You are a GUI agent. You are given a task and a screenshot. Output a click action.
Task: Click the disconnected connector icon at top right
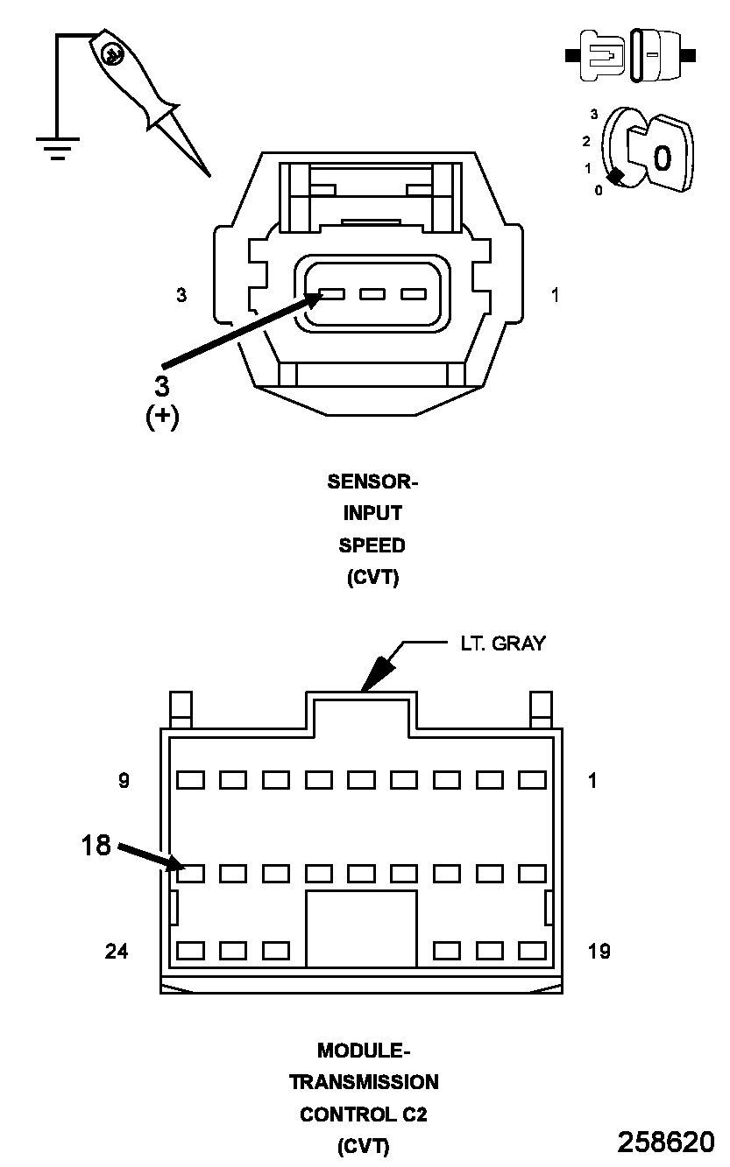click(x=631, y=55)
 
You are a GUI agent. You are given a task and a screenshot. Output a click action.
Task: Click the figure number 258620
click(x=665, y=1142)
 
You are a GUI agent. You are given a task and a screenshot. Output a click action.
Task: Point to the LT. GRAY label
click(x=502, y=643)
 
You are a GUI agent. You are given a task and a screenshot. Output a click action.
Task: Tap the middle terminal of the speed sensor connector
click(x=372, y=294)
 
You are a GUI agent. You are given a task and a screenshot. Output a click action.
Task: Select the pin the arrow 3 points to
click(x=331, y=294)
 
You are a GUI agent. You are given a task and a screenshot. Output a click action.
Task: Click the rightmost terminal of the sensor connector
click(x=414, y=294)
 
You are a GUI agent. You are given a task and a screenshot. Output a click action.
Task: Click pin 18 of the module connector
click(x=191, y=873)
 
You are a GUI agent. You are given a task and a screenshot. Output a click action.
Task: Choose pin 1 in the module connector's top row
click(x=532, y=779)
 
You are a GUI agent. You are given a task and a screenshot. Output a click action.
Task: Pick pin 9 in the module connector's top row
click(x=191, y=779)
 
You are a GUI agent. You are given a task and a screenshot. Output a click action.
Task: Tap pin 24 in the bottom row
click(x=191, y=951)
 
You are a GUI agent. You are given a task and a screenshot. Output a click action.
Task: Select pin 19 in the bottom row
click(x=532, y=951)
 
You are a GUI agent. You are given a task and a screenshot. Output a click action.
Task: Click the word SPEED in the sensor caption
click(x=372, y=545)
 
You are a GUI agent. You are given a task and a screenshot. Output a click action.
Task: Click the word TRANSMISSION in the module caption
click(x=364, y=1082)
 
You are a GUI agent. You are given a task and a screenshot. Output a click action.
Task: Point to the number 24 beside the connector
click(x=117, y=951)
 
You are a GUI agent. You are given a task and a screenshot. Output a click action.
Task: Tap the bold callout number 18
click(x=96, y=846)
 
